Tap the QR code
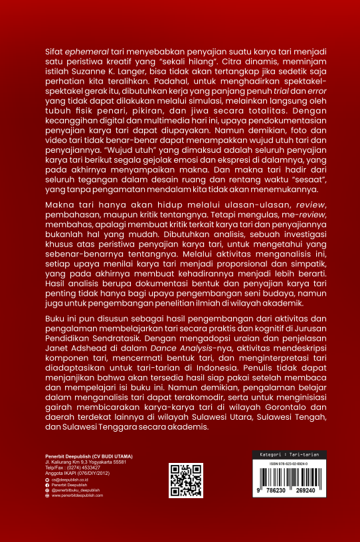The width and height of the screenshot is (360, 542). click(186, 480)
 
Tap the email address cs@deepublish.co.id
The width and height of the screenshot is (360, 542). click(72, 479)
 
